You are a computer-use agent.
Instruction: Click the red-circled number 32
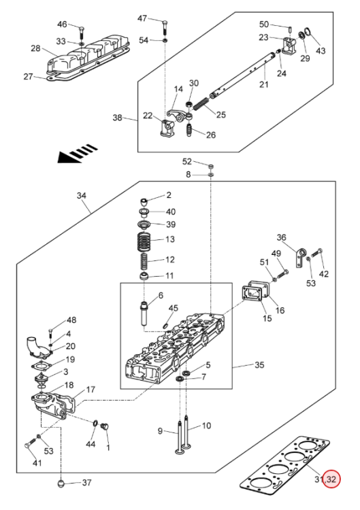point(331,479)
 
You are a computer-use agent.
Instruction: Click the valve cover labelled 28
point(88,55)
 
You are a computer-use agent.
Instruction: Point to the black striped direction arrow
point(77,153)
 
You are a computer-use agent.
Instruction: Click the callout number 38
point(117,118)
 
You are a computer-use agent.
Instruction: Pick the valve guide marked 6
point(144,314)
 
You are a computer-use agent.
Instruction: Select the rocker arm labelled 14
point(180,115)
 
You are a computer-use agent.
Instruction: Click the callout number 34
point(82,195)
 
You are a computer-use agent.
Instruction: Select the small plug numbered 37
point(61,483)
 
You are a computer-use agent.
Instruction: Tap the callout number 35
point(259,364)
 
